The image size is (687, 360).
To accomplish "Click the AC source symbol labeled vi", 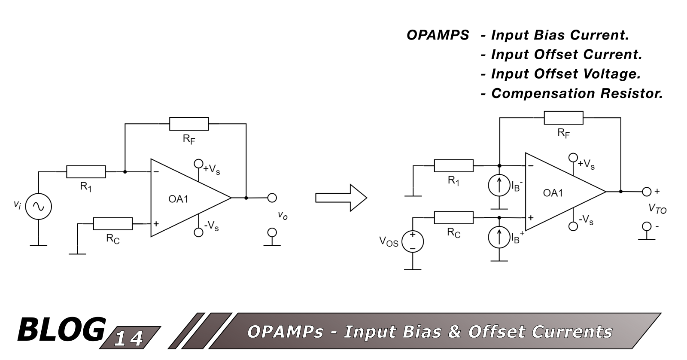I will (x=38, y=207).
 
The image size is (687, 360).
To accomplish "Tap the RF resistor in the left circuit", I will (x=189, y=124).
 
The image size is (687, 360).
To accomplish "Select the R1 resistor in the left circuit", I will (x=86, y=172).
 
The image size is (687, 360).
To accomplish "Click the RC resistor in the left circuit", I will (x=112, y=224).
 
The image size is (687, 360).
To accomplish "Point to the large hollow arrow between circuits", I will (x=341, y=198).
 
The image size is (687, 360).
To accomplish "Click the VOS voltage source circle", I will (x=412, y=241).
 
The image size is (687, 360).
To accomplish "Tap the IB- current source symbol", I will (x=499, y=186).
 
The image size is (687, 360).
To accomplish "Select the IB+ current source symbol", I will (x=499, y=237).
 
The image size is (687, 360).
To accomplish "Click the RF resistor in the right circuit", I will (x=563, y=118).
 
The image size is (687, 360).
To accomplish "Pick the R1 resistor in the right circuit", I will (x=453, y=166).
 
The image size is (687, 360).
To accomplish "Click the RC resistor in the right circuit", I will (x=453, y=218).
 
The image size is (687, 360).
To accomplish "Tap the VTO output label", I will (x=657, y=209).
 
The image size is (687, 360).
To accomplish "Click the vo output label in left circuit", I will (x=282, y=215).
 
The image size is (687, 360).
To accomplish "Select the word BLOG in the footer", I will (x=61, y=330).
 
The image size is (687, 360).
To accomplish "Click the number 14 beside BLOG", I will (x=129, y=339).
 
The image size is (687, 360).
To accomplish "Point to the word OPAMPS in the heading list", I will (x=438, y=35).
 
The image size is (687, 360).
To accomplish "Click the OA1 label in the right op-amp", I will (x=553, y=193).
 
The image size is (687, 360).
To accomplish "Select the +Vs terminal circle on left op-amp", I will (x=198, y=163).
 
